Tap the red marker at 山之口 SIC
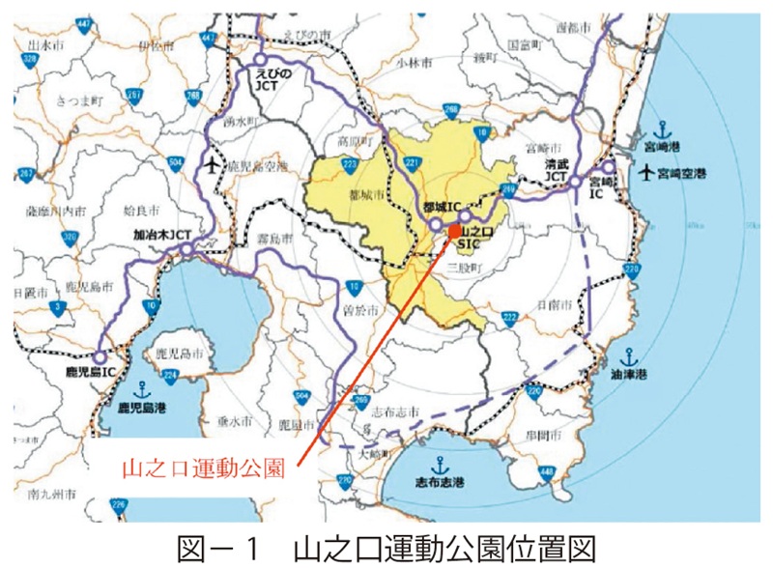[x=454, y=231]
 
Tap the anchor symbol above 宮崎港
[x=662, y=128]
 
